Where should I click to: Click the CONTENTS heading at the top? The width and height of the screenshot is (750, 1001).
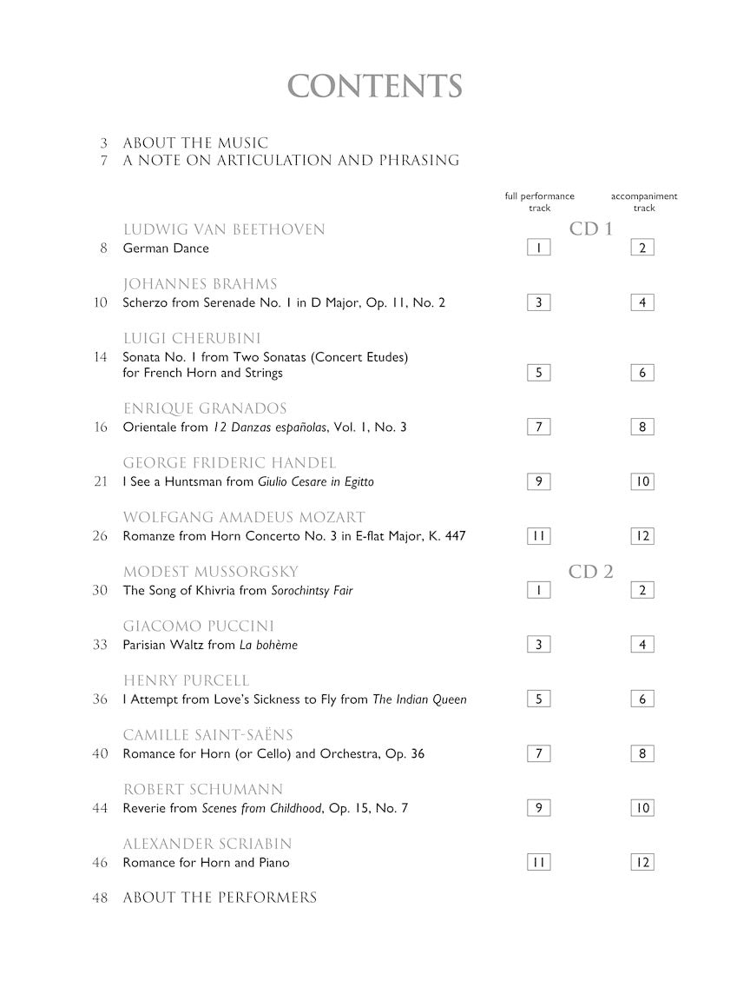coord(375,87)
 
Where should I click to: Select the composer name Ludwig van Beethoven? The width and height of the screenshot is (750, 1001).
coord(224,230)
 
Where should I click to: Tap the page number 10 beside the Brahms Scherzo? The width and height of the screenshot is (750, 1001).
coord(101,303)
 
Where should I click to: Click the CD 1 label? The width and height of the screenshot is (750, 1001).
coord(591,230)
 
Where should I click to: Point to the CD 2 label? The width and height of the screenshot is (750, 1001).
coord(591,572)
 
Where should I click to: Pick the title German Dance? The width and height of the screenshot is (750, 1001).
coord(166,249)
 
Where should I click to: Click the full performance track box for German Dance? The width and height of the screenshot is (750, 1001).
coord(538,249)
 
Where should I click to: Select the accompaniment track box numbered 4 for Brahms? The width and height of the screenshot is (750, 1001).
coord(642,303)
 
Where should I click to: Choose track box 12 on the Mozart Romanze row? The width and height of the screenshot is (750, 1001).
coord(642,536)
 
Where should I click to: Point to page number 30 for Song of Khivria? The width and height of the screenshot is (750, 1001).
coord(101,591)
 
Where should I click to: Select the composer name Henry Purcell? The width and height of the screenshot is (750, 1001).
coord(186,681)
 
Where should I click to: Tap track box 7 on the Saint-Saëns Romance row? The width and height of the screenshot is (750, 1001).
coord(538,753)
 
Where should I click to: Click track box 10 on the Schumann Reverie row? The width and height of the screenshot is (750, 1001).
coord(642,808)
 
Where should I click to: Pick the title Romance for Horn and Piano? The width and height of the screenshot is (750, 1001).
coord(207,863)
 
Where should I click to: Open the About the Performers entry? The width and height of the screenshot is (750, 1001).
coord(220,898)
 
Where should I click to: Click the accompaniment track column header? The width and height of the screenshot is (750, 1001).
coord(643,202)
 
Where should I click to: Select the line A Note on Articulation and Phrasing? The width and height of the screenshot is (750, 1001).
coord(291,161)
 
